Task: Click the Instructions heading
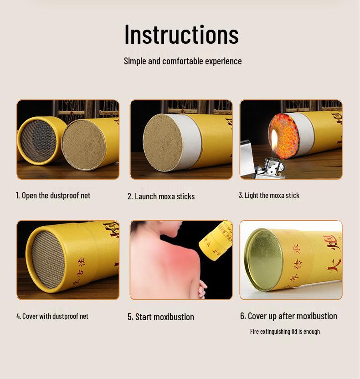[x=181, y=34]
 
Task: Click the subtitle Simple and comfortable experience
[x=183, y=61]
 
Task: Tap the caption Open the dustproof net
[x=53, y=195]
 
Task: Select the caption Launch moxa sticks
[x=161, y=196]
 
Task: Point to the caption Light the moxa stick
[x=269, y=195]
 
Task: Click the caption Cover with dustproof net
[x=52, y=316]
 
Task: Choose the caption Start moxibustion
[x=161, y=317]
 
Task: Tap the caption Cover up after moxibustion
[x=288, y=316]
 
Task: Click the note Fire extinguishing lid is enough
[x=285, y=332]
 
